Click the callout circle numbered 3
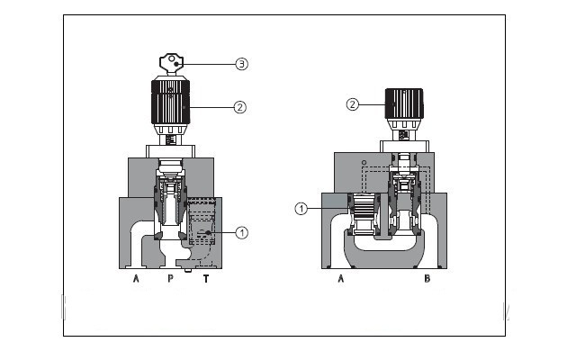pyautogui.click(x=241, y=64)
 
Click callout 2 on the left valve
pyautogui.click(x=239, y=107)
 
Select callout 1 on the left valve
pyautogui.click(x=241, y=232)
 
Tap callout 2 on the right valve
pyautogui.click(x=353, y=104)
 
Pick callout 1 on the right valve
pyautogui.click(x=302, y=209)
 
